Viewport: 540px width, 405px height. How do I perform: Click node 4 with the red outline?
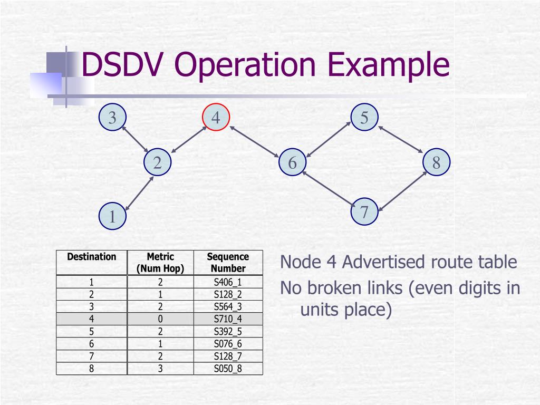[216, 118]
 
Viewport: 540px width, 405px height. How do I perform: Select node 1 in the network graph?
[112, 217]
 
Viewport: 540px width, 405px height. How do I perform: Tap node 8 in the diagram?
[436, 162]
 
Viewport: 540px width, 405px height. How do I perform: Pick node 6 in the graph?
[292, 162]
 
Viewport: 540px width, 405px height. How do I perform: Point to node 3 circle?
[112, 118]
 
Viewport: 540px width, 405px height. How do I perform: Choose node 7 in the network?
[364, 212]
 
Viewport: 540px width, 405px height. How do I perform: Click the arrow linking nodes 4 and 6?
[255, 141]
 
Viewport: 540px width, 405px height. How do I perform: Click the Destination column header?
[92, 257]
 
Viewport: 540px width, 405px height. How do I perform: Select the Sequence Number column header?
[228, 263]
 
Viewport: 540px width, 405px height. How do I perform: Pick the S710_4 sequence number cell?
[228, 319]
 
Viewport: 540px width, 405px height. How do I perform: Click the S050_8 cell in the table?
[228, 369]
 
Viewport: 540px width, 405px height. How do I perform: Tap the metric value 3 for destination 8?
[160, 369]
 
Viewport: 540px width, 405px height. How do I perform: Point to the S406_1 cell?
[228, 282]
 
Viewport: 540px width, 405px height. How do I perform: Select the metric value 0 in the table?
[160, 319]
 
